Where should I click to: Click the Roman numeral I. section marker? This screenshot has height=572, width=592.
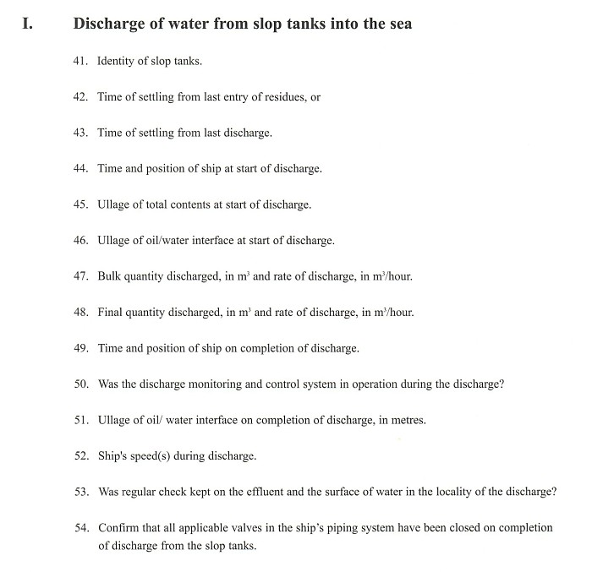click(27, 24)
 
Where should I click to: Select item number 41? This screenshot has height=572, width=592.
click(81, 62)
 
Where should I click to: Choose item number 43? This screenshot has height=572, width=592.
click(81, 133)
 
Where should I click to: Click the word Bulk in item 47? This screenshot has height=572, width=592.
click(110, 276)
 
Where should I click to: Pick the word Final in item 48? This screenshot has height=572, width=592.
click(112, 312)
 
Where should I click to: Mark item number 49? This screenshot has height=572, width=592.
click(81, 348)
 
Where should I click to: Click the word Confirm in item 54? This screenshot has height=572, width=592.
click(119, 528)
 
